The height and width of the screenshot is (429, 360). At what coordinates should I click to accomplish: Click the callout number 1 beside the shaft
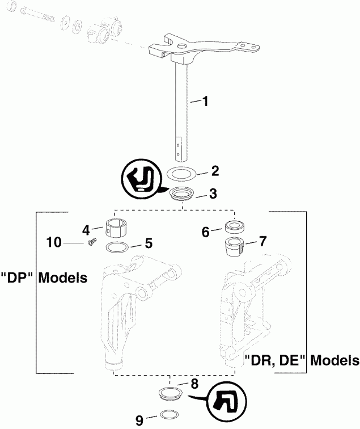[205, 102]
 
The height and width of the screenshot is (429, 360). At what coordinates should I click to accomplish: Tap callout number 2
[214, 170]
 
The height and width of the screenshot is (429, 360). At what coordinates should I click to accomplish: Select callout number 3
[213, 194]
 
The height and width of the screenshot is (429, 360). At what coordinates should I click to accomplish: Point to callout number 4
[86, 230]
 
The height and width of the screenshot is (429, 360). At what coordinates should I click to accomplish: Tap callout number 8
[194, 384]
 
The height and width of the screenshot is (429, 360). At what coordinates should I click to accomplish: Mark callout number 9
[140, 420]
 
